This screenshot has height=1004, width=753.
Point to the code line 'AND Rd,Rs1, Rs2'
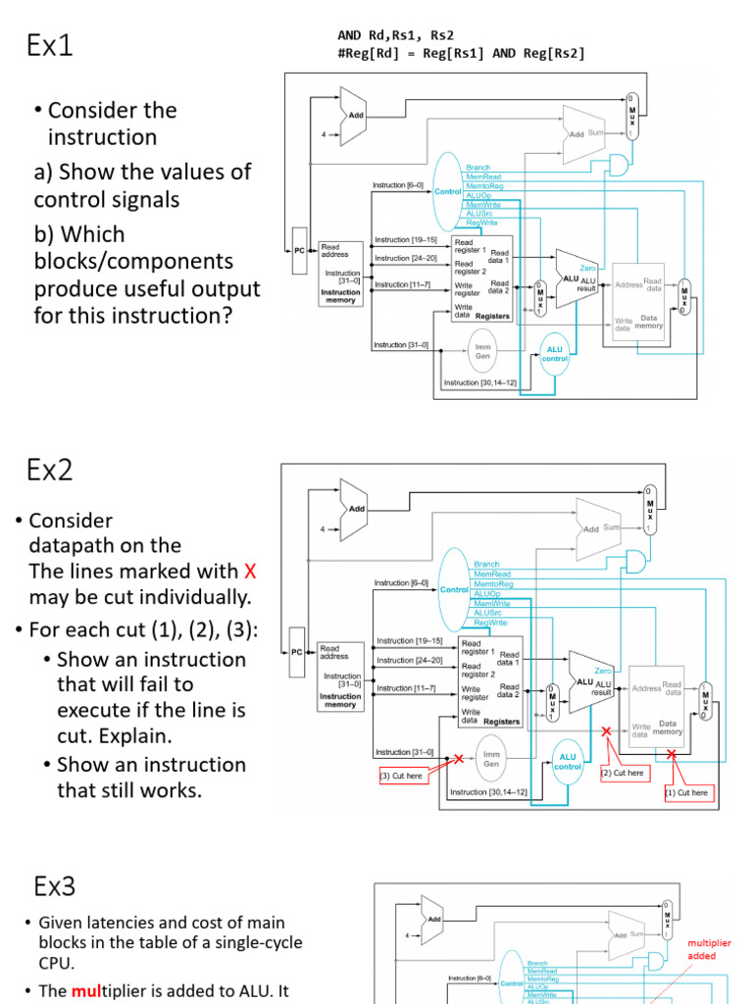[396, 35]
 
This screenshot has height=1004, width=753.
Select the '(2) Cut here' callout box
[624, 773]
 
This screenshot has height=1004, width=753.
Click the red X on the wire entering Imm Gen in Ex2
[458, 758]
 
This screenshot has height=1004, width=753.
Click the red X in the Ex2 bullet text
[249, 572]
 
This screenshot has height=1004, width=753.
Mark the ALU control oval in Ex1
[555, 353]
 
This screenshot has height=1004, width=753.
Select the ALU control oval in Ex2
[568, 762]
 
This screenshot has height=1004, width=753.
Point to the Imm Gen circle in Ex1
[482, 351]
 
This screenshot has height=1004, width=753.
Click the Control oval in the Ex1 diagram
[448, 192]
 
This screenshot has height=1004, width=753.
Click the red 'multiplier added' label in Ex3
[708, 949]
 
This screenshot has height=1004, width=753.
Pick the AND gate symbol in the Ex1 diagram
[620, 162]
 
